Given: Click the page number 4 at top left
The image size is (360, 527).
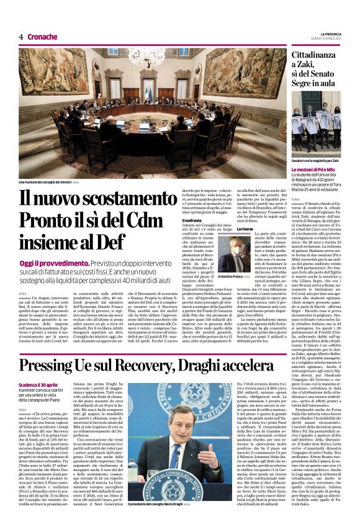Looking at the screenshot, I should tap(20, 37).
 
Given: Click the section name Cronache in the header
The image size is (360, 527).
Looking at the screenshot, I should tap(43, 37).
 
